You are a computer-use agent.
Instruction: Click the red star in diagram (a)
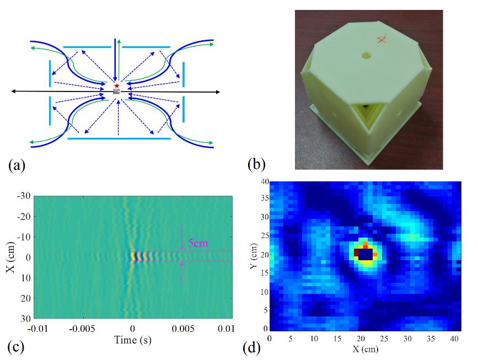click(116, 86)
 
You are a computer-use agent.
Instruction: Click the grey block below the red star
click(116, 92)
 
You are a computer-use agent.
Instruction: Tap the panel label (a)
click(17, 165)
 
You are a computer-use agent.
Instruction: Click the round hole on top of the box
click(366, 56)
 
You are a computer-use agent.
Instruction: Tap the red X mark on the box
click(381, 39)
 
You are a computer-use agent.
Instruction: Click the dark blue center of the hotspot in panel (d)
click(364, 254)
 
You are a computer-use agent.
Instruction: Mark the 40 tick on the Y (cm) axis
click(264, 182)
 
